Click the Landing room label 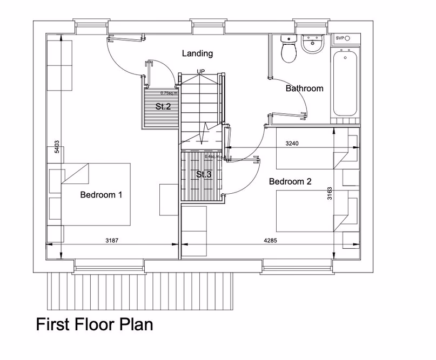(x=197, y=53)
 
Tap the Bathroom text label (x=304, y=89)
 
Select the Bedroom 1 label (x=101, y=195)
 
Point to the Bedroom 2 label (x=290, y=182)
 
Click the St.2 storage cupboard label (x=163, y=106)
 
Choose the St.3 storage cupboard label (x=203, y=174)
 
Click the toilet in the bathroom (x=287, y=50)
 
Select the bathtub (x=344, y=83)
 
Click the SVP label (x=340, y=38)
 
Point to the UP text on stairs (x=201, y=72)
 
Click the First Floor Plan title (x=94, y=324)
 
